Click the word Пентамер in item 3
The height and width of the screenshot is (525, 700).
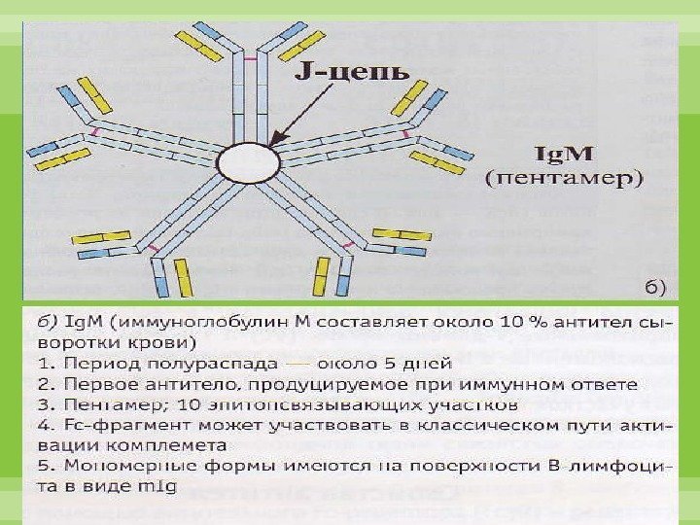[87, 402]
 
